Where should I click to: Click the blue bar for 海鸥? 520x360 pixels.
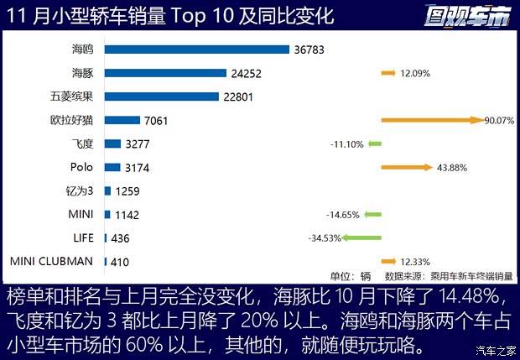pyautogui.click(x=197, y=50)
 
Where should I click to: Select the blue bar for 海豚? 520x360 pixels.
pyautogui.click(x=166, y=73)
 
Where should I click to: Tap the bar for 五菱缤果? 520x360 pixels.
pyautogui.click(x=162, y=97)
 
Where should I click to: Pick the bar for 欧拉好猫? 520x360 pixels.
pyautogui.click(x=122, y=120)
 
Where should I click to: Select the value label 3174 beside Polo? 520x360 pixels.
pyautogui.click(x=132, y=168)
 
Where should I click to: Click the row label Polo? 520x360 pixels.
pyautogui.click(x=82, y=168)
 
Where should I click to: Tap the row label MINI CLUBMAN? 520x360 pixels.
pyautogui.click(x=51, y=262)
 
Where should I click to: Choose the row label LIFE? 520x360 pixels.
pyautogui.click(x=82, y=238)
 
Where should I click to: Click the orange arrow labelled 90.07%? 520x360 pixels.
pyautogui.click(x=432, y=121)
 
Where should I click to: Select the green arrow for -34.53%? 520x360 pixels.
pyautogui.click(x=362, y=238)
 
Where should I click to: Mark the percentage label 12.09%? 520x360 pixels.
pyautogui.click(x=415, y=74)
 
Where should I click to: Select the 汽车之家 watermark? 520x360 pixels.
pyautogui.click(x=494, y=350)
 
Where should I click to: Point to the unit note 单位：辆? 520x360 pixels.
pyautogui.click(x=350, y=275)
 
